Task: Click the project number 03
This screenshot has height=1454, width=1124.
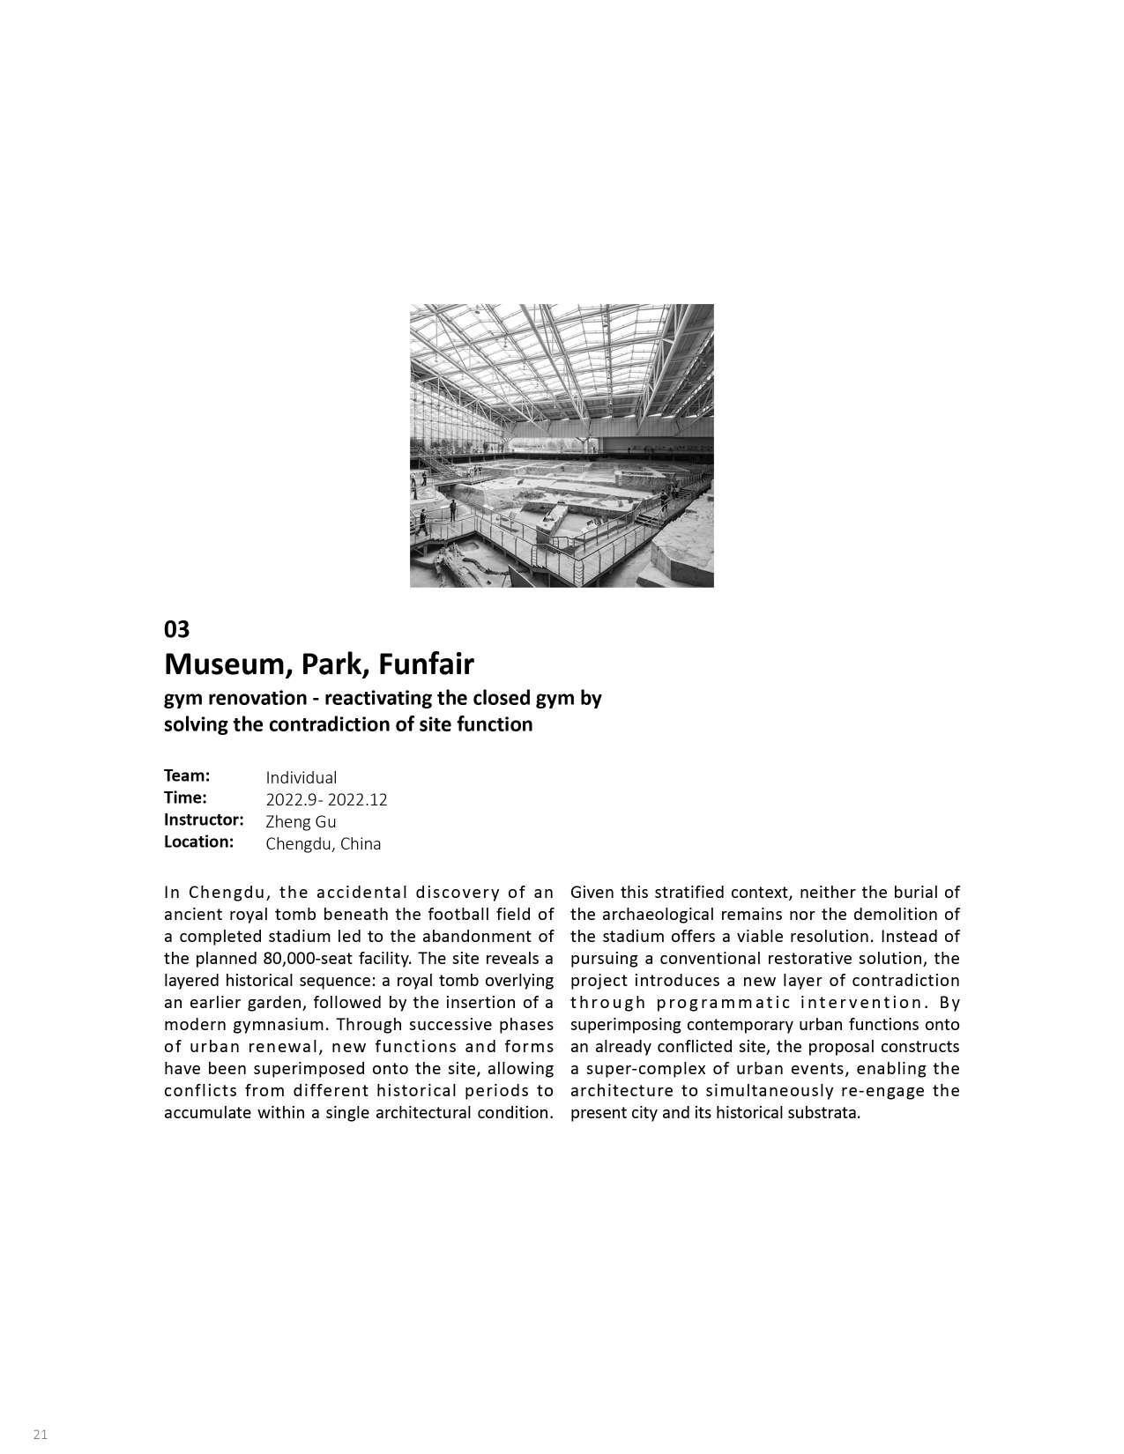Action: (x=176, y=629)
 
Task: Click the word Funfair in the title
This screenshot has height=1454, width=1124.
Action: (x=427, y=663)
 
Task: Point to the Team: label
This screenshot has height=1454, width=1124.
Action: (x=187, y=775)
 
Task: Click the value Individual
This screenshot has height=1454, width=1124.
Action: (x=301, y=777)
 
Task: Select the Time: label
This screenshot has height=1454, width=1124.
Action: (x=185, y=797)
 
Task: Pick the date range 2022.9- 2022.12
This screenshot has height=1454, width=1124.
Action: (x=326, y=799)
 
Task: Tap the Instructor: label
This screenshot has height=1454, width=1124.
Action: (x=204, y=820)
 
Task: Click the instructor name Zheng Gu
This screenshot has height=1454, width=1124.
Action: (x=301, y=821)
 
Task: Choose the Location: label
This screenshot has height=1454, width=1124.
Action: (x=198, y=842)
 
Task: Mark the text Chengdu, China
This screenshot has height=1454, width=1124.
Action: (x=324, y=843)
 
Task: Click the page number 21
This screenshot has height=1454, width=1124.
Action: (x=41, y=1435)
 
